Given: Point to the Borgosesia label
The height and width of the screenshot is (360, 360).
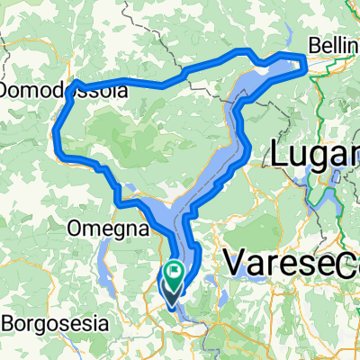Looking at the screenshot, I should (54, 321).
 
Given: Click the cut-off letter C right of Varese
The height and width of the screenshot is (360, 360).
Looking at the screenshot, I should (354, 264).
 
